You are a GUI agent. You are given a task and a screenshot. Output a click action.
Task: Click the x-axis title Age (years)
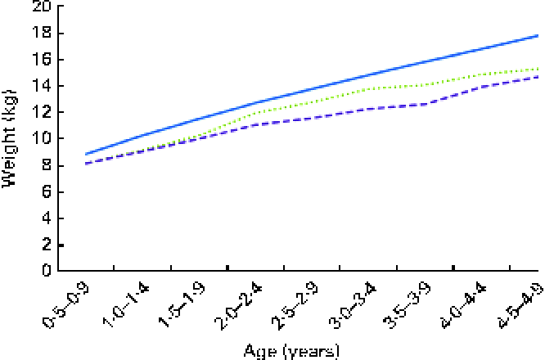click(291, 350)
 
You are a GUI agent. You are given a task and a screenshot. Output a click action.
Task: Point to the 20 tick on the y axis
click(40, 7)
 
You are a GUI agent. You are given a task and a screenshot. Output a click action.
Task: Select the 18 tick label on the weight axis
click(40, 34)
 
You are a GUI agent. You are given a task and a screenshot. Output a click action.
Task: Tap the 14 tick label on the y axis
click(40, 87)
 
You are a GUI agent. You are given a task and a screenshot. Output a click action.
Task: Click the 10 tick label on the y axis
click(40, 139)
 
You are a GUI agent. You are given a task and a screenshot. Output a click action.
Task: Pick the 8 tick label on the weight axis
click(44, 166)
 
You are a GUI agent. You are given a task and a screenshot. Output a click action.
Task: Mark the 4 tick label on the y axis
click(44, 218)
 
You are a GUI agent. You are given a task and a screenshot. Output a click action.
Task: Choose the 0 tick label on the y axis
click(44, 271)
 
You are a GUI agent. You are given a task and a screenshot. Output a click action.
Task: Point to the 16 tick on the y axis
click(40, 60)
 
